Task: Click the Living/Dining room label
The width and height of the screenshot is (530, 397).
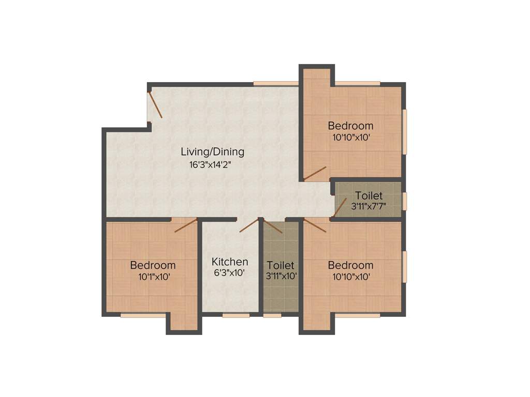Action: click(x=212, y=152)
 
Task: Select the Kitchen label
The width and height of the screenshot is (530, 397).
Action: click(x=230, y=262)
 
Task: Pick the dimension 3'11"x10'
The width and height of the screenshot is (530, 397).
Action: click(x=281, y=276)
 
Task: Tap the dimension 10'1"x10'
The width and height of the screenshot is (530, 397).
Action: click(x=153, y=277)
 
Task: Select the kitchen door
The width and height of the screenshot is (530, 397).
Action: click(x=249, y=225)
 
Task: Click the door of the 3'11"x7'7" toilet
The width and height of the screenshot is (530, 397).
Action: click(x=339, y=207)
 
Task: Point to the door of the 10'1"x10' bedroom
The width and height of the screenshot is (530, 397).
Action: click(x=186, y=225)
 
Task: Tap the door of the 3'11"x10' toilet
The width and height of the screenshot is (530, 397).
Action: click(x=273, y=226)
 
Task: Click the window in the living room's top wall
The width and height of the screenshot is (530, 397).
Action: click(x=275, y=83)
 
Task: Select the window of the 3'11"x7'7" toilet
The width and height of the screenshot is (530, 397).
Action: click(x=405, y=201)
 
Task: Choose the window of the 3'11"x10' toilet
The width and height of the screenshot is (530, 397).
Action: click(x=272, y=315)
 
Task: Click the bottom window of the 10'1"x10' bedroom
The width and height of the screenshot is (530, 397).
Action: click(x=143, y=315)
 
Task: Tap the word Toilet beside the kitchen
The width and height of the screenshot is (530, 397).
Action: click(x=281, y=265)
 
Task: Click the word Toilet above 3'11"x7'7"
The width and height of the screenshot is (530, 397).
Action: click(x=369, y=195)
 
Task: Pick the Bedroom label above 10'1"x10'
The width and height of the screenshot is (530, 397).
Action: click(x=153, y=265)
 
